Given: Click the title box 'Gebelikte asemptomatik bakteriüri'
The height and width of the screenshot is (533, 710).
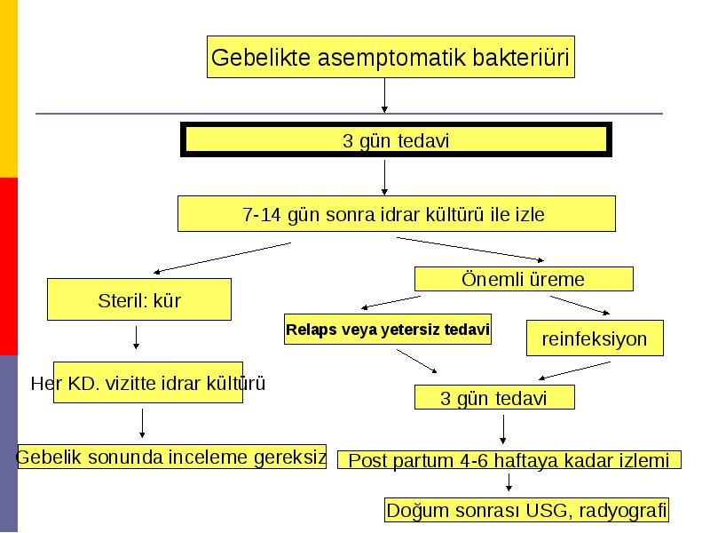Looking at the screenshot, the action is point(390,57).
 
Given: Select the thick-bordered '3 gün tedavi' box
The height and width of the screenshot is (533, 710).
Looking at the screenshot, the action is point(396,139).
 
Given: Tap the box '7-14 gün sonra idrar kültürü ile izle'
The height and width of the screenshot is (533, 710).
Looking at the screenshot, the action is point(396,213).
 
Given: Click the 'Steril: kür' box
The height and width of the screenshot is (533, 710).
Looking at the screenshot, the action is point(139,299).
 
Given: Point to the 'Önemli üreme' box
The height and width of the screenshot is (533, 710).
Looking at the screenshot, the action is point(524,279).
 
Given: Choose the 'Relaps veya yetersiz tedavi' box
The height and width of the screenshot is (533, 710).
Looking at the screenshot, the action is point(388,329).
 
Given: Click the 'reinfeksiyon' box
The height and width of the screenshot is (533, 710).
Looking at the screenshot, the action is point(595,338).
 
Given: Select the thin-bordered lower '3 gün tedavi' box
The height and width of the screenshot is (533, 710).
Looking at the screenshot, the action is point(494,397).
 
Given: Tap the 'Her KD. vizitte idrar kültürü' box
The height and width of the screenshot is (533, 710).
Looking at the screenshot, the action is point(148,383).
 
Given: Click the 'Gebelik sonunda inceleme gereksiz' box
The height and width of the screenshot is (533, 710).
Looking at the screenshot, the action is point(171,457).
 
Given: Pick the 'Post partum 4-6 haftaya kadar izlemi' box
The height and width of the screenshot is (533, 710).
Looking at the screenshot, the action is point(509,459).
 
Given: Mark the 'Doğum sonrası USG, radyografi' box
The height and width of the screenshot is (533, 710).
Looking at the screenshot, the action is point(526,510).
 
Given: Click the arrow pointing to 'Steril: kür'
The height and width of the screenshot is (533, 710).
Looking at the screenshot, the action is point(222,258).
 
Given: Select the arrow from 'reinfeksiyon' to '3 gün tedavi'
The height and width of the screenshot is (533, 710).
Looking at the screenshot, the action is point(574,370).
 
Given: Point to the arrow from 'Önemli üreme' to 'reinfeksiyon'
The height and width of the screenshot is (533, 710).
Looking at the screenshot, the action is point(580,305).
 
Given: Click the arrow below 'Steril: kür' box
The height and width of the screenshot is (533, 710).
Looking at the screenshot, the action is point(137,338).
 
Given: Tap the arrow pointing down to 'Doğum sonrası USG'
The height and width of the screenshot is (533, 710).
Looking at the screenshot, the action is point(509,482).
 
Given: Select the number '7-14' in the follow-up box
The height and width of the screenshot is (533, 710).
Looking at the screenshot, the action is point(261,214).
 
